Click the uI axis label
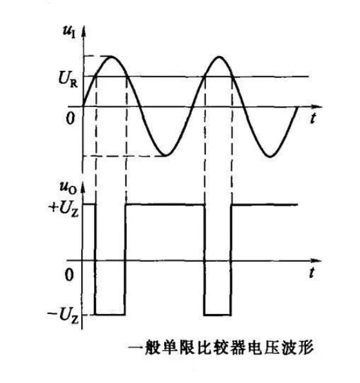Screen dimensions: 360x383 [69, 32]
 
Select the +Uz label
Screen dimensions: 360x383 [64, 208]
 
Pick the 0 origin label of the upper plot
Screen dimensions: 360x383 [70, 119]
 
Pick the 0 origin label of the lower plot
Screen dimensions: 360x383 [70, 275]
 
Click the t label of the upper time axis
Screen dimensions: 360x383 [313, 118]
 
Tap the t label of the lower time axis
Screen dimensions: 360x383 [312, 273]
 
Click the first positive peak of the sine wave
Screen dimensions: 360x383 [111, 57]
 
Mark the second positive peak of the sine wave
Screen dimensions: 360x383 [220, 57]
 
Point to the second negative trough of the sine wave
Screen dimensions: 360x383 [270, 156]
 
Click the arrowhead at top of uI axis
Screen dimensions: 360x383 [84, 32]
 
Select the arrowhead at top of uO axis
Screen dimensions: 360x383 [82, 188]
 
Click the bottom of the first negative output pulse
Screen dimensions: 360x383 [110, 315]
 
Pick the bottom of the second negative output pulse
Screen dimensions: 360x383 [217, 315]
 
